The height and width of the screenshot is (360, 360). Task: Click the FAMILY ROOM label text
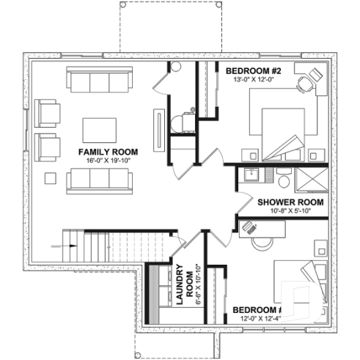107,151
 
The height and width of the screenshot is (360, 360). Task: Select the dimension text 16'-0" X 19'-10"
107,161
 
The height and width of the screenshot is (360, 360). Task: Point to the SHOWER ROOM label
281,201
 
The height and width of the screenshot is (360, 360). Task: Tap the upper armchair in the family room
48,114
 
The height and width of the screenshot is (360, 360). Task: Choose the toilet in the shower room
282,178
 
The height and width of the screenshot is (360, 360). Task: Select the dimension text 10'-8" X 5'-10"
281,211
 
